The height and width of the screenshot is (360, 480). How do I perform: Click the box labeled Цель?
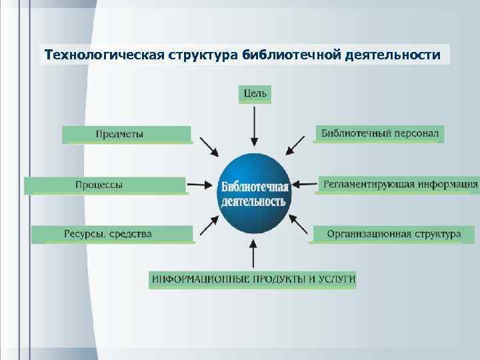coord(255,93)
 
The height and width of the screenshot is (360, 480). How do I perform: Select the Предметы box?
coord(127,134)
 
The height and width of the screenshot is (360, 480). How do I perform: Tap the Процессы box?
coord(105,185)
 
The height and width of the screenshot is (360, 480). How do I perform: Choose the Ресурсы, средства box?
coord(112,234)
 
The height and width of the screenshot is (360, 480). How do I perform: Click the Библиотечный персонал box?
coord(379,133)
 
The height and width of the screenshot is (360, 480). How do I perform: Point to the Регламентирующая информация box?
coord(399,183)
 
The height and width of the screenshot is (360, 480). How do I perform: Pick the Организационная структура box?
coord(393,234)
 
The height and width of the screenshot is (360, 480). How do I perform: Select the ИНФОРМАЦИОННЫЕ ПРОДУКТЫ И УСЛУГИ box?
coord(253,279)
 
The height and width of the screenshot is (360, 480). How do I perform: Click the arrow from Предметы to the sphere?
coord(208,147)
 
